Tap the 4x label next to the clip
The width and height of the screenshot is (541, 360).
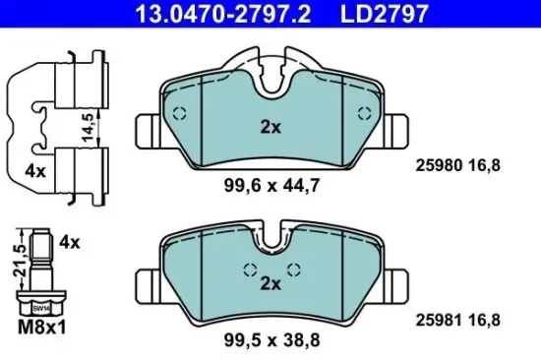(x=35, y=170)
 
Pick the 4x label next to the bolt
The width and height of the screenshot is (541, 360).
(x=69, y=240)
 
